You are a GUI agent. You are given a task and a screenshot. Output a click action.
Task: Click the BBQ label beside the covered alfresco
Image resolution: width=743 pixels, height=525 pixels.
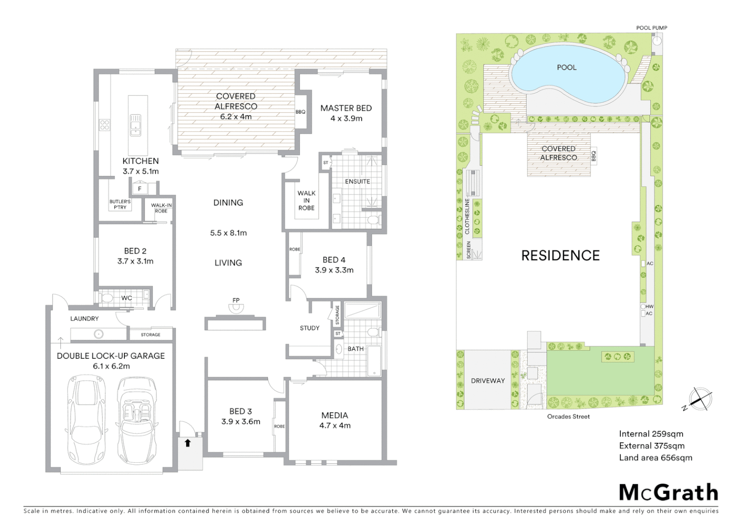pyautogui.click(x=300, y=112)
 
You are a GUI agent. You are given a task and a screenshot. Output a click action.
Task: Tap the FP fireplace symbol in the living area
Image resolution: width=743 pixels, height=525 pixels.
pyautogui.click(x=236, y=307)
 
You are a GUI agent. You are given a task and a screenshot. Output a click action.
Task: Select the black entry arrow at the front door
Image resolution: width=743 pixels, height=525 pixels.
pyautogui.click(x=187, y=443)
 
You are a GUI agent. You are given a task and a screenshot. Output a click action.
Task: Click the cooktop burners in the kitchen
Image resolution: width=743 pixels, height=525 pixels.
pyautogui.click(x=104, y=125)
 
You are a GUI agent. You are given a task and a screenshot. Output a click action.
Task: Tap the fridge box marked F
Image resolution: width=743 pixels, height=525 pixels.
pyautogui.click(x=140, y=189)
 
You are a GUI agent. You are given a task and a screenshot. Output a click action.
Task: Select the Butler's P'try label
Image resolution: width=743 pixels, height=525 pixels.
pyautogui.click(x=120, y=205)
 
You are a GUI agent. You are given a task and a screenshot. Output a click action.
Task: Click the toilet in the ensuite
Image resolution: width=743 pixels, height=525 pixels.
pyautogui.click(x=372, y=220)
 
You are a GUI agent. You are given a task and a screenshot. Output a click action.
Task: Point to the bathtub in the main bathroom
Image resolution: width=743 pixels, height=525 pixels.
pyautogui.click(x=374, y=361)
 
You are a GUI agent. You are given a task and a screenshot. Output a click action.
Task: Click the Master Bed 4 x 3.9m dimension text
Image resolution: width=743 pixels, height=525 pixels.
pyautogui.click(x=346, y=118)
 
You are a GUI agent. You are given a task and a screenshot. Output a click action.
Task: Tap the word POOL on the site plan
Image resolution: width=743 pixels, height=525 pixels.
pyautogui.click(x=566, y=68)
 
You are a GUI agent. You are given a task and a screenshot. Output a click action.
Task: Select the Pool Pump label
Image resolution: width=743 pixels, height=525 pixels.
pyautogui.click(x=652, y=28)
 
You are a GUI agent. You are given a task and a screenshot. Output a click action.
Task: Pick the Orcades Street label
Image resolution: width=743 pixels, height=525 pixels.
pyautogui.click(x=568, y=417)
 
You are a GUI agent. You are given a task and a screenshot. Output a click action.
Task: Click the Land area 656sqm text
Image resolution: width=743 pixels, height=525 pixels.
pyautogui.click(x=655, y=457)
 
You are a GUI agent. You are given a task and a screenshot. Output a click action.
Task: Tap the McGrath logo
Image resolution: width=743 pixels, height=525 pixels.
pyautogui.click(x=668, y=492)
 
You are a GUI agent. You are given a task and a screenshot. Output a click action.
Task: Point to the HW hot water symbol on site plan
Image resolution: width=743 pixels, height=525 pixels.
pyautogui.click(x=644, y=307)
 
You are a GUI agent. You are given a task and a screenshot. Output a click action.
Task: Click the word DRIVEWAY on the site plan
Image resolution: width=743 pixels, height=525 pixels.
pyautogui.click(x=488, y=381)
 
